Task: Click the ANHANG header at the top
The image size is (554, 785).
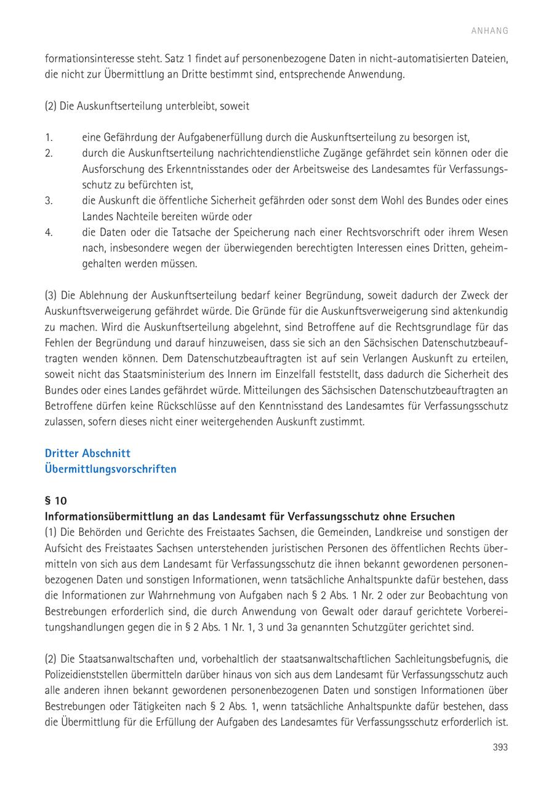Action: tap(490, 31)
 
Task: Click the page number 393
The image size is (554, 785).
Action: tap(500, 747)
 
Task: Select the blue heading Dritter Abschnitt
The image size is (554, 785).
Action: tap(87, 453)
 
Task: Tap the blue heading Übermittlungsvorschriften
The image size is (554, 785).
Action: tap(110, 469)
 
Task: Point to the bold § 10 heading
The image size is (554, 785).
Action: tap(56, 501)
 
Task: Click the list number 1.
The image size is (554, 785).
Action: tap(48, 137)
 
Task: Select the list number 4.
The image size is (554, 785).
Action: tap(49, 233)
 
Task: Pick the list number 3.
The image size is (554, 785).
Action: tap(49, 201)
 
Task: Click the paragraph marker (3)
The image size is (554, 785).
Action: tap(50, 295)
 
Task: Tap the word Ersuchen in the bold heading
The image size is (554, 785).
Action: tap(433, 516)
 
